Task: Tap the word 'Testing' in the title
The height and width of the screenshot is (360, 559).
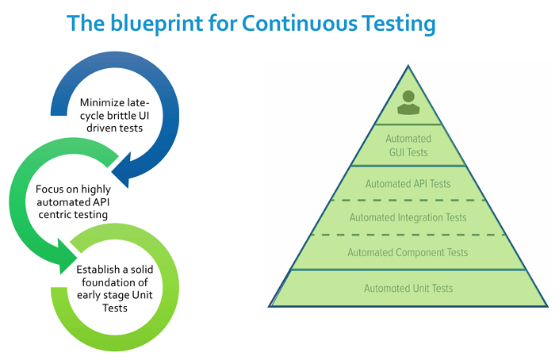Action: point(394,24)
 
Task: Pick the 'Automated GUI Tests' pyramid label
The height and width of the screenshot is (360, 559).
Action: point(408,146)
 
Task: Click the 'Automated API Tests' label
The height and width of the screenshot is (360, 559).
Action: point(408,184)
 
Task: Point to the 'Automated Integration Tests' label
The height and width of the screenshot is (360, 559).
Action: point(408,217)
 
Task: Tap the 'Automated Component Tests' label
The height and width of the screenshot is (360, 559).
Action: point(408,253)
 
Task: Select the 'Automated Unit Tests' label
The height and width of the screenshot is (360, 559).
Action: point(408,289)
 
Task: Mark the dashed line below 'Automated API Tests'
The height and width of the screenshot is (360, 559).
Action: point(408,200)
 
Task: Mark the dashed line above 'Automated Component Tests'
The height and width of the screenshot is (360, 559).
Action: point(408,235)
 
